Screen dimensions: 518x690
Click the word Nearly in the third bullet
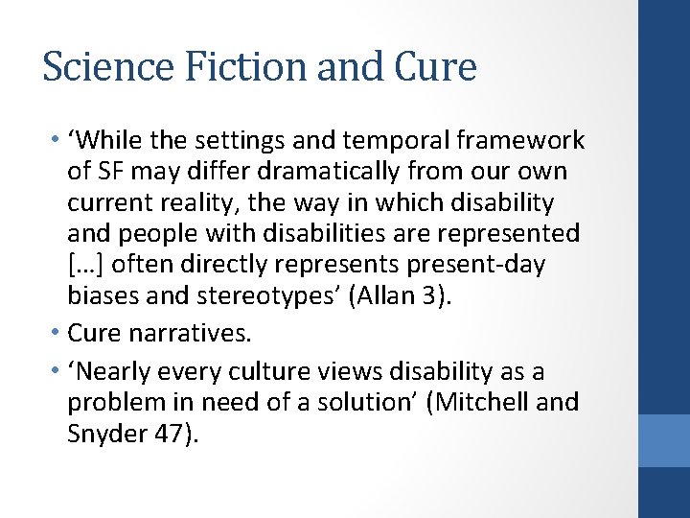[x=119, y=371]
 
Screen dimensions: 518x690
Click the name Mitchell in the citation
[x=479, y=402]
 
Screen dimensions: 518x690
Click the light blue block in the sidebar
[x=664, y=441]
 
